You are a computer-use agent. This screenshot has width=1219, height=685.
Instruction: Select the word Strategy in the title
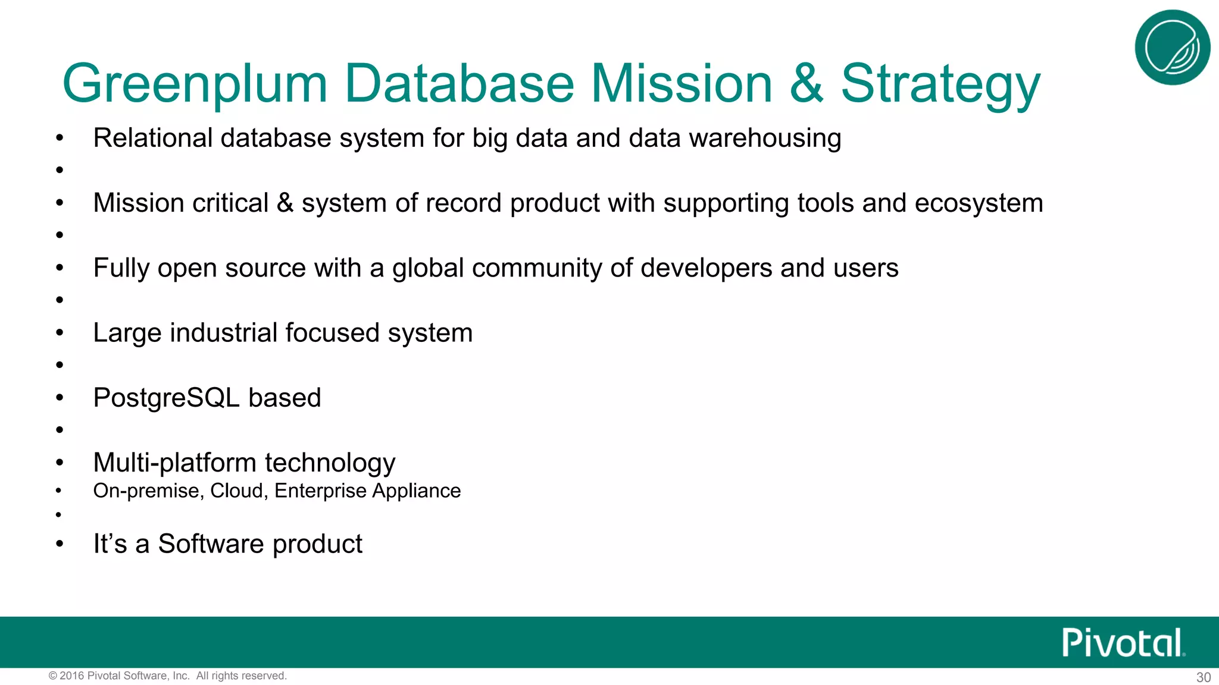click(x=940, y=84)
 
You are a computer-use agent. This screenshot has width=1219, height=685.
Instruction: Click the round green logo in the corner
click(x=1172, y=48)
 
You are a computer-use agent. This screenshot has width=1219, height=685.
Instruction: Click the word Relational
click(x=152, y=138)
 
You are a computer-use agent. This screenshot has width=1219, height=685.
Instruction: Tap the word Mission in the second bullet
click(x=139, y=203)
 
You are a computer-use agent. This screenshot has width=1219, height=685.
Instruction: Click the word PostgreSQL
click(x=166, y=398)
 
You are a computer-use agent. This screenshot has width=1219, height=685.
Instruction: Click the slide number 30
click(x=1204, y=677)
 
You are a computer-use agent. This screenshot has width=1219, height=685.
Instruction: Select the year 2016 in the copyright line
click(x=72, y=675)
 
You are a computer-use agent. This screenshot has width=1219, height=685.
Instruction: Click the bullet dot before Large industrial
click(x=59, y=333)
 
